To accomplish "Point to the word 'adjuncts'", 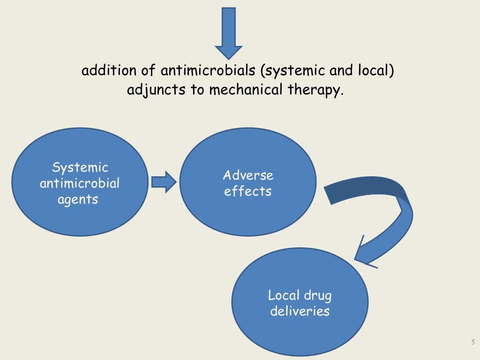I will click(156, 90).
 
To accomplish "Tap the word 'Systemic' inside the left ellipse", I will click(80, 167).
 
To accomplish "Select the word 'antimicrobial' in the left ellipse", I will click(80, 183).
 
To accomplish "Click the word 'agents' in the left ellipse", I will click(78, 199).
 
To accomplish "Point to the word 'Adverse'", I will click(248, 175).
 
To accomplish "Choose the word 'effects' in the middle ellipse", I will click(247, 191).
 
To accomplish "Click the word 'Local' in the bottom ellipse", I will click(283, 295).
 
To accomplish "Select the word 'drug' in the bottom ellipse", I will click(317, 296).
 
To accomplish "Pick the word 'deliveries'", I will click(300, 311).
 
